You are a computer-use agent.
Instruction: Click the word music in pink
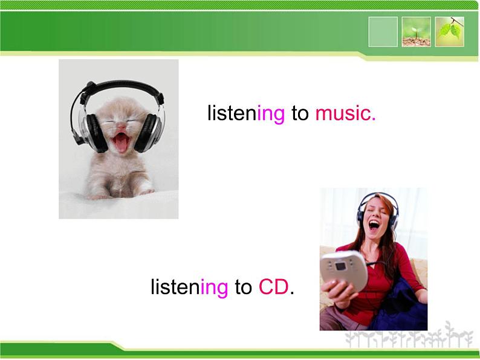click(345, 113)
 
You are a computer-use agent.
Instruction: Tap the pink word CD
click(274, 287)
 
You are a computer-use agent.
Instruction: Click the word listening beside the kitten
click(245, 114)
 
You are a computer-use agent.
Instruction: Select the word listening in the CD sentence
click(189, 288)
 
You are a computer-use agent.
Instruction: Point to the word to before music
click(300, 114)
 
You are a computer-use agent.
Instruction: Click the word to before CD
click(243, 288)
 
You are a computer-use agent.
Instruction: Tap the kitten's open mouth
click(121, 143)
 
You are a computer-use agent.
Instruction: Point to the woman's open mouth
click(374, 226)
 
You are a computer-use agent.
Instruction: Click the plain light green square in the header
click(383, 32)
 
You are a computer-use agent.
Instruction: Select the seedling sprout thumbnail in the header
click(416, 32)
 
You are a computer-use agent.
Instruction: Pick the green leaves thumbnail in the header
click(450, 32)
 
